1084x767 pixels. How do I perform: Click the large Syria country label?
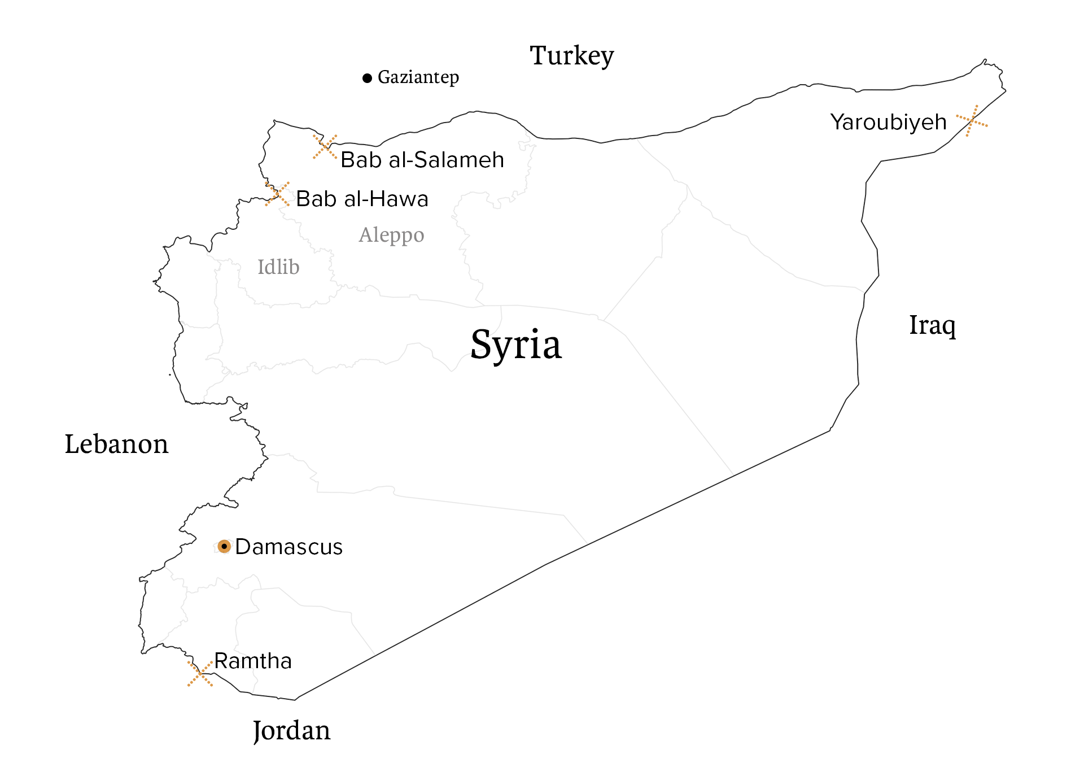coord(516,344)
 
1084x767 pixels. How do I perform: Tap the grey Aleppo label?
coord(391,234)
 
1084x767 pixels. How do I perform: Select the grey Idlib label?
coord(278,267)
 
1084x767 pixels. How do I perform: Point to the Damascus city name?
coord(289,547)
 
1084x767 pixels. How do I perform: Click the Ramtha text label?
coord(253,661)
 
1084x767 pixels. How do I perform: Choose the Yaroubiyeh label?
coord(888,122)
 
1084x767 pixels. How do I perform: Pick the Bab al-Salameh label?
coord(422,160)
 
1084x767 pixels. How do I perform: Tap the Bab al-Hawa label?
coord(362,199)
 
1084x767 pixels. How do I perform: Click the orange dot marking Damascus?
coord(224,546)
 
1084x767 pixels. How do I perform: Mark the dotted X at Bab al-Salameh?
coord(325,147)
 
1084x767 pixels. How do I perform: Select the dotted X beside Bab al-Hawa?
coord(277,194)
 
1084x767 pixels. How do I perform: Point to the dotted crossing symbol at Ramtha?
coord(200,671)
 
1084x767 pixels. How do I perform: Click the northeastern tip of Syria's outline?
coord(985,60)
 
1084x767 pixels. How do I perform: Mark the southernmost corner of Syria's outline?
coord(294,699)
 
